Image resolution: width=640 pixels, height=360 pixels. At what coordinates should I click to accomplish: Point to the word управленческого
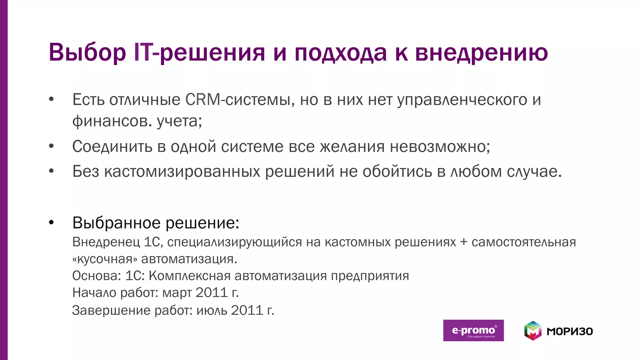tap(462, 100)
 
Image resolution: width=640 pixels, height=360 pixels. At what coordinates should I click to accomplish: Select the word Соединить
tap(112, 146)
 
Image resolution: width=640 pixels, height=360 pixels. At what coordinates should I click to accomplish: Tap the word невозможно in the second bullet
tap(438, 146)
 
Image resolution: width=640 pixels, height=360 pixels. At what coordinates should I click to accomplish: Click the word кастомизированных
tap(182, 171)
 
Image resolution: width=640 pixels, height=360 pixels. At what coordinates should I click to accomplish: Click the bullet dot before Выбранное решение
tap(52, 223)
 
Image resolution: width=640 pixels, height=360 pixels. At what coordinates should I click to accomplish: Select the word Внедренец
tap(106, 242)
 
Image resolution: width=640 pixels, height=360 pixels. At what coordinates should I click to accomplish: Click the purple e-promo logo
tap(473, 331)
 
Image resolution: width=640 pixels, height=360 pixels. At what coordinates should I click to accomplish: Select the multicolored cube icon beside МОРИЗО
tap(532, 331)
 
